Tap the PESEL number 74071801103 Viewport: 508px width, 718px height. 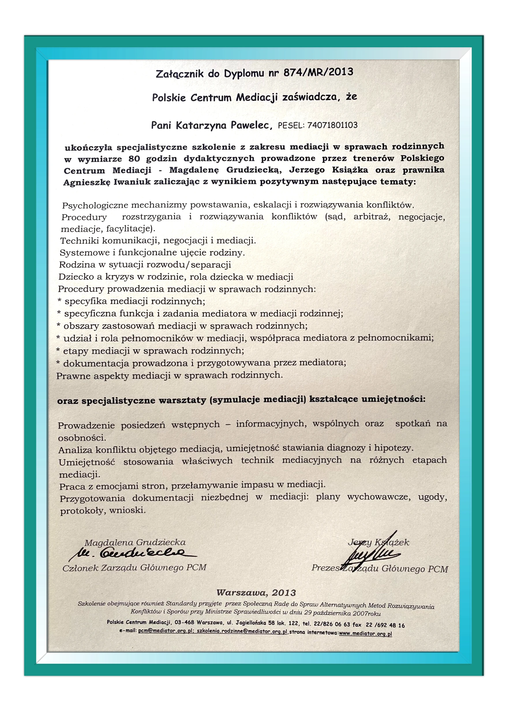[332, 125]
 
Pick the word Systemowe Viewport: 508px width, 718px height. [80, 253]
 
